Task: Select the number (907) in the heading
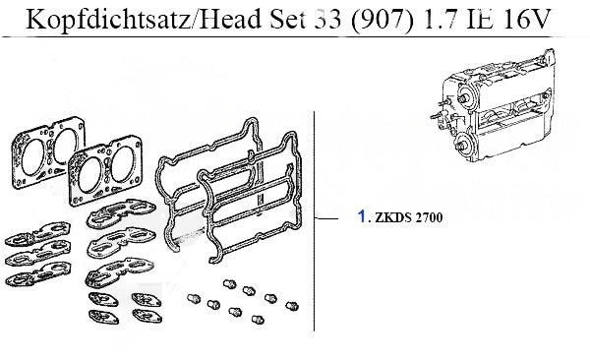click(x=382, y=19)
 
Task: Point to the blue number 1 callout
click(x=362, y=216)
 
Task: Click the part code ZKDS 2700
click(x=409, y=217)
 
